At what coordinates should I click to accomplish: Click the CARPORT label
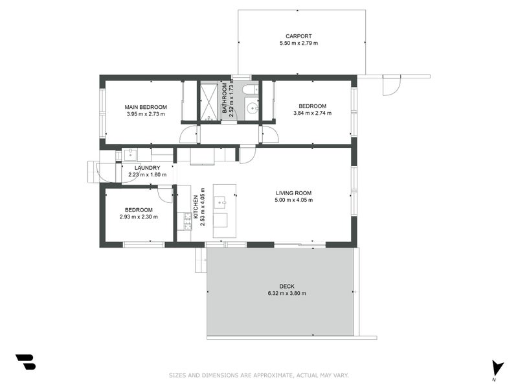coord(298,36)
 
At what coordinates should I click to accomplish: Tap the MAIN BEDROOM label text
coord(146,107)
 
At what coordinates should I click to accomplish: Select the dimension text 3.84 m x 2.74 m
coord(313,113)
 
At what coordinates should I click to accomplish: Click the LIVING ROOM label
coord(294,193)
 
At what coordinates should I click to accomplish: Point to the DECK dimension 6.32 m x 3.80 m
coord(287,294)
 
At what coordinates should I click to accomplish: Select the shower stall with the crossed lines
coord(209,101)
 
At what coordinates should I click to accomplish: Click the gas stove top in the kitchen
coord(188,221)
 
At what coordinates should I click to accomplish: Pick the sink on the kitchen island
coord(220,202)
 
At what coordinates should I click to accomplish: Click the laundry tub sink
coord(130,154)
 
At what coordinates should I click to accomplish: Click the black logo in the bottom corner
coord(25,362)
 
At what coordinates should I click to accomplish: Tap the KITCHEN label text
coord(196,207)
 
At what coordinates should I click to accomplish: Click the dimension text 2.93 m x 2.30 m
coord(139,217)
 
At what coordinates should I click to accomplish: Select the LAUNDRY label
coord(148,168)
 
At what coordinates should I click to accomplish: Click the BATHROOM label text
coord(225,98)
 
